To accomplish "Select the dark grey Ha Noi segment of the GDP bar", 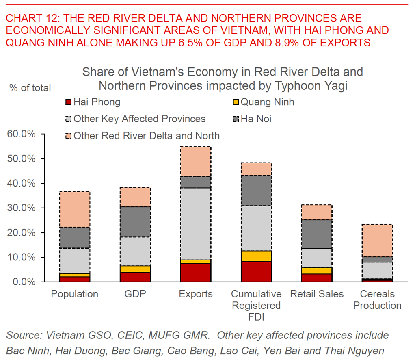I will pyautogui.click(x=135, y=221).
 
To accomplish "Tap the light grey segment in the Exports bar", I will pyautogui.click(x=196, y=223).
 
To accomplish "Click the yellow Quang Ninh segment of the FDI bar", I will pyautogui.click(x=256, y=256).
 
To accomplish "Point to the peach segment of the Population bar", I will pyautogui.click(x=75, y=209).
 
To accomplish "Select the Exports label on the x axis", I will pyautogui.click(x=196, y=294).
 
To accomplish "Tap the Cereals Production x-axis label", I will pyautogui.click(x=377, y=299).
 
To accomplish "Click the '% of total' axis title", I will pyautogui.click(x=30, y=88).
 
